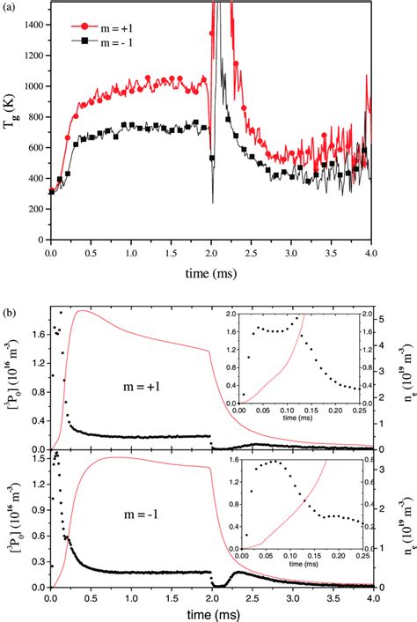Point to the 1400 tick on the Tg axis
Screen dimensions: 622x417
click(33, 26)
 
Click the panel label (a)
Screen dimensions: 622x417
click(8, 6)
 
